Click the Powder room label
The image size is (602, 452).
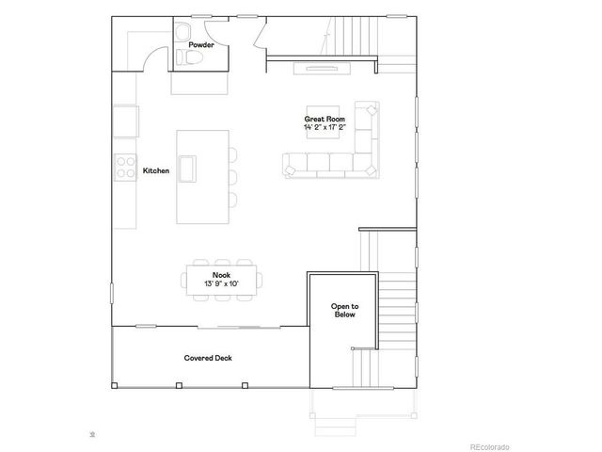(x=200, y=44)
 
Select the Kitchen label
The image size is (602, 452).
(x=155, y=171)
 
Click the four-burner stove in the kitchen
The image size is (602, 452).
(x=124, y=167)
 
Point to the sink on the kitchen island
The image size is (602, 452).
(x=189, y=169)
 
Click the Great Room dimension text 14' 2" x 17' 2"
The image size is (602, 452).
(x=325, y=127)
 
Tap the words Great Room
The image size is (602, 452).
(x=320, y=119)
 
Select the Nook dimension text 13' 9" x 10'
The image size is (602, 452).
(x=221, y=282)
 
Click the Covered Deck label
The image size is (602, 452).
(x=209, y=358)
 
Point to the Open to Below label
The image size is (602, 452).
(x=344, y=311)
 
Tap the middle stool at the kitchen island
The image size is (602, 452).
(x=232, y=175)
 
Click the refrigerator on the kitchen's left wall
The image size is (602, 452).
(x=125, y=121)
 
